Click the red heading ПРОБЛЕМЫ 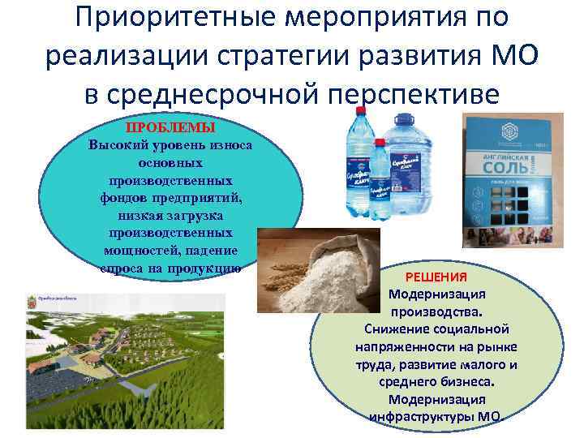170,128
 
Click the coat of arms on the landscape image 33,304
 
